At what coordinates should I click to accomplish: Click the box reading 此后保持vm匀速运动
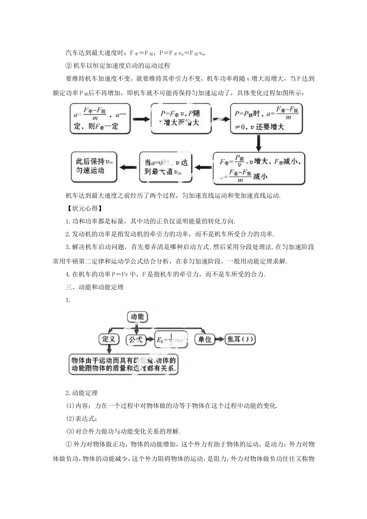pos(94,167)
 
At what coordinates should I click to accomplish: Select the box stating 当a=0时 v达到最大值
pos(166,167)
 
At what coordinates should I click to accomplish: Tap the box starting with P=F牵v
pos(181,118)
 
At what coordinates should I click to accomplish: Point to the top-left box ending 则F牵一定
pos(100,119)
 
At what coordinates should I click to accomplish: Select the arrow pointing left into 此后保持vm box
pos(128,167)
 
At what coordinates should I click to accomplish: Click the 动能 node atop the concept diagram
pos(137,317)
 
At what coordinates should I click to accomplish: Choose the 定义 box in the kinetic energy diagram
pos(109,339)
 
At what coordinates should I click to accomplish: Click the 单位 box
pos(204,339)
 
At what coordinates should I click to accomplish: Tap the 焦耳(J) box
pos(240,339)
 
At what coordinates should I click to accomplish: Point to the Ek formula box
pos(170,340)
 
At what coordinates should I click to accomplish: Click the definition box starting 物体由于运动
pos(124,364)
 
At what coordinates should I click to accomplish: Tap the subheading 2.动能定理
pos(82,393)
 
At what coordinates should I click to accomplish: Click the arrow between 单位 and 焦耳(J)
pos(220,339)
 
